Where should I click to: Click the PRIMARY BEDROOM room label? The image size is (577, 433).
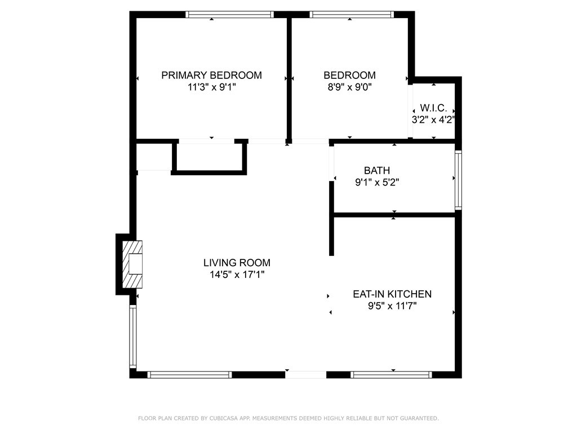click(x=212, y=75)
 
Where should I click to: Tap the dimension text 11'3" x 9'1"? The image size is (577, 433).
click(x=212, y=87)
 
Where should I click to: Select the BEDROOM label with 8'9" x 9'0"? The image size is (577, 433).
click(x=349, y=75)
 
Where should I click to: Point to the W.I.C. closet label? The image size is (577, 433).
click(x=433, y=108)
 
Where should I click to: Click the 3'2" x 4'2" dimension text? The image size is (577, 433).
click(x=433, y=120)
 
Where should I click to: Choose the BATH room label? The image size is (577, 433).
click(x=377, y=170)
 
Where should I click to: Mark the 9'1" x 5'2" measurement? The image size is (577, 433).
click(x=377, y=182)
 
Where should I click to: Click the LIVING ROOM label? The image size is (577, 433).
click(x=237, y=263)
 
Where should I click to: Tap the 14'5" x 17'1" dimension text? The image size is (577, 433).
click(x=237, y=275)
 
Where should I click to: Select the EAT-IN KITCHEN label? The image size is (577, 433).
click(x=392, y=294)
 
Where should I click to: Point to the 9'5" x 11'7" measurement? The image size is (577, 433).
click(x=392, y=306)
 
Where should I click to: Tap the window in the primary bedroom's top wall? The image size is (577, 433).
click(x=229, y=14)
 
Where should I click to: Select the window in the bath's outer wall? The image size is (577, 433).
click(x=458, y=180)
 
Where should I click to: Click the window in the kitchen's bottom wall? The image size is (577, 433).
click(x=391, y=375)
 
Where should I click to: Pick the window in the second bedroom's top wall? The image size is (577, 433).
click(x=352, y=14)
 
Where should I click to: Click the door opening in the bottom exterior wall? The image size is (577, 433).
click(x=306, y=375)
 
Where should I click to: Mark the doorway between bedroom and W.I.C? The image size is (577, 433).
click(x=410, y=111)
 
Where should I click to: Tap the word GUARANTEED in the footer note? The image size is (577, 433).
click(x=419, y=418)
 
